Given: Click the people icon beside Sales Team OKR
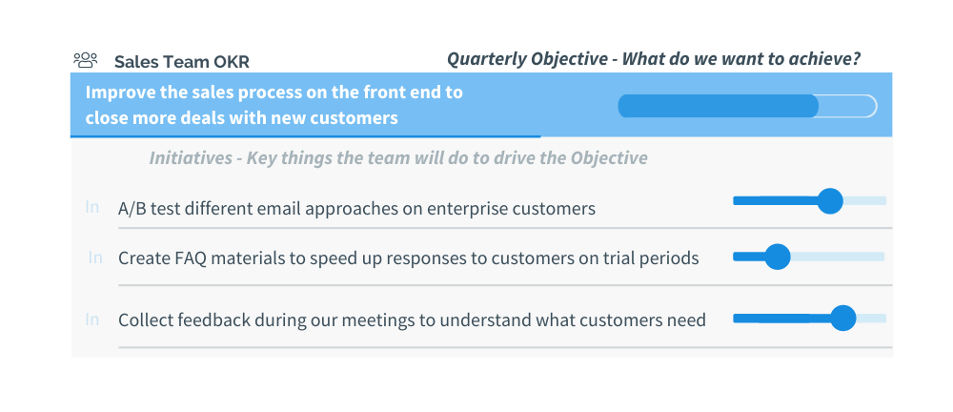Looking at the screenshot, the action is tap(86, 60).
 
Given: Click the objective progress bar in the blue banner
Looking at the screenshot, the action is tap(747, 106).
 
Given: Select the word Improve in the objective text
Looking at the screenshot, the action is tap(119, 93).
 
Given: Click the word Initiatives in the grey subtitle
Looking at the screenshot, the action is tap(191, 158).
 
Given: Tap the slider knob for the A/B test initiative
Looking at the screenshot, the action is tap(830, 201).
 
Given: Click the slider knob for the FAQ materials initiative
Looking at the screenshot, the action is tap(778, 257).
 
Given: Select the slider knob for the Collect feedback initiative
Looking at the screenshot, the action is tap(843, 319).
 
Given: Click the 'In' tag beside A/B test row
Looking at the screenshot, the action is tap(91, 207).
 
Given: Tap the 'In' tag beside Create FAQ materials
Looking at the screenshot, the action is tap(95, 257).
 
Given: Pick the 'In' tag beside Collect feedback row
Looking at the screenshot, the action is tap(91, 319).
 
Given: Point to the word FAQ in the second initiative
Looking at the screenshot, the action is tap(191, 258).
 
